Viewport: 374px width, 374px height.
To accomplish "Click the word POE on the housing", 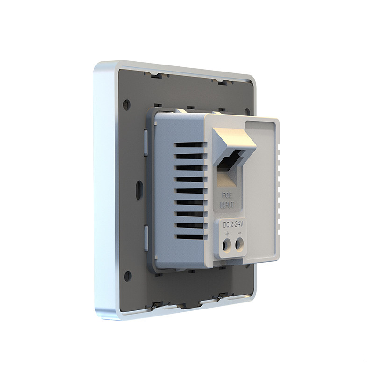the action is click(227, 196).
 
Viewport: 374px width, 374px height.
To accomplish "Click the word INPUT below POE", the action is click(227, 205).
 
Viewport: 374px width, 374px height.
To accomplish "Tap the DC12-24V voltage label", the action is click(233, 224).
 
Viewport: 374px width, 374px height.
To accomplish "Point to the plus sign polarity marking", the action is click(227, 234).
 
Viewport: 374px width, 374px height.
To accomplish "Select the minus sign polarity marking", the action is click(239, 233).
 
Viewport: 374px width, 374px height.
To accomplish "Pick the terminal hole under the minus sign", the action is click(239, 245).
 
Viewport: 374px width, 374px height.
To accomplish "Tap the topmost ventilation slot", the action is click(190, 144).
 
